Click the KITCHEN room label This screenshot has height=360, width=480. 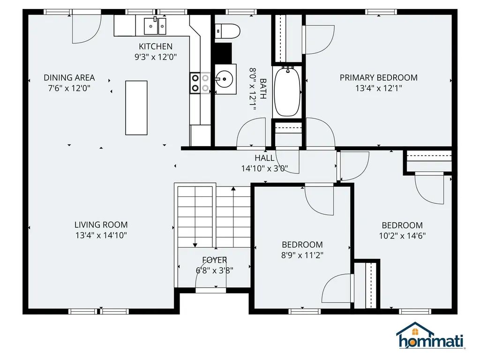point(156,46)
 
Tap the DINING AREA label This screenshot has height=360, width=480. point(69,77)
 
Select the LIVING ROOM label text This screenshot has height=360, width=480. point(101,225)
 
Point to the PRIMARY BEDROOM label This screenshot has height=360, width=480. point(378,77)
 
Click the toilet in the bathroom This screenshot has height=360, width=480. point(227,31)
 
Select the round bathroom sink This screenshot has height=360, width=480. point(224,80)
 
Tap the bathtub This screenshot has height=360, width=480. point(287,91)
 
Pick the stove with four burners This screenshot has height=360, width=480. point(200,83)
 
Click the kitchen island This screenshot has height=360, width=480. point(136,108)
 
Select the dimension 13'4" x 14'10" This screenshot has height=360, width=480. point(101,235)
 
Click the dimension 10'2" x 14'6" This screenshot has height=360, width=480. point(402,236)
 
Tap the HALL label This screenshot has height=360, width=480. point(264,158)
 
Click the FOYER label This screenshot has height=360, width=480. point(215,260)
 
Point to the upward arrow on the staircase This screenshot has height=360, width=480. point(233,189)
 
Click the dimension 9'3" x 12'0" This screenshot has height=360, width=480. point(156,57)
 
